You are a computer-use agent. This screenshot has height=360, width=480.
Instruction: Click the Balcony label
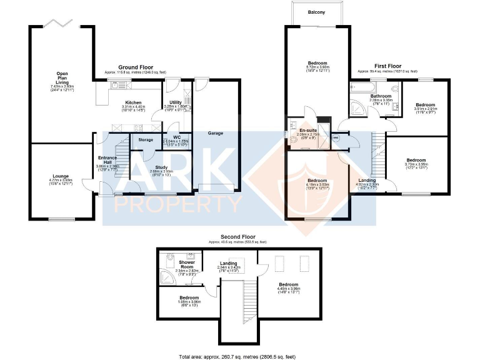[316, 11]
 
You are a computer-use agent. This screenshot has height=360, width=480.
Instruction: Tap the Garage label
[216, 133]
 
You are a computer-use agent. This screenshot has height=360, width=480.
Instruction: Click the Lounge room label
[61, 176]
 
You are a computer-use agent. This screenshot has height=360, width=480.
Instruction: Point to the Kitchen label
[132, 102]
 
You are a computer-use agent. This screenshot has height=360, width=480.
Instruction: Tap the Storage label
[146, 139]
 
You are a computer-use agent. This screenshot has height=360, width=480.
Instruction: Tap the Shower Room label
[186, 262]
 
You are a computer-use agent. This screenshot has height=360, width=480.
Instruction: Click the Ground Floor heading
[137, 67]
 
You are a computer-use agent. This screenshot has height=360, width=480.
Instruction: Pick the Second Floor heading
[237, 237]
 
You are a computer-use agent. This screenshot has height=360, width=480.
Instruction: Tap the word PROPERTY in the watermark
[176, 203]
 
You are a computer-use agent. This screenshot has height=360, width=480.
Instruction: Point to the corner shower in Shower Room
[167, 277]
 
